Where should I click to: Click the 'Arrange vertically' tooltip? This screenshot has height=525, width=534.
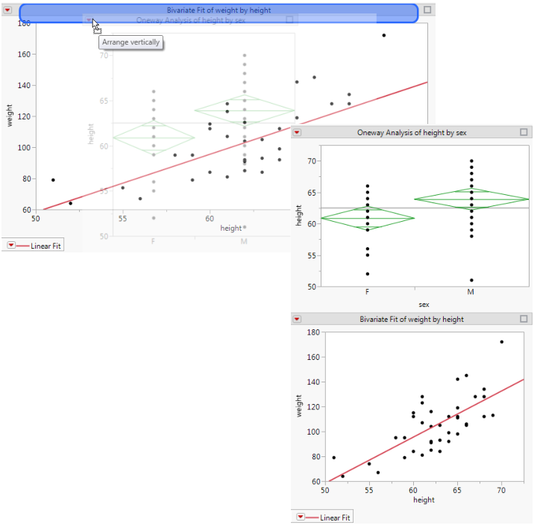coord(131,43)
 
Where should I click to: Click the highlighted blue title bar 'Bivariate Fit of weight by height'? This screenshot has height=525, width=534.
coord(218,10)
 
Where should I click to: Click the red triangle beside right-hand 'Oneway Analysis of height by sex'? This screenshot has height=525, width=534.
coord(297,132)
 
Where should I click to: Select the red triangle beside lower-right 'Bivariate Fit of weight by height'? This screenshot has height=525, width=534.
coord(297,319)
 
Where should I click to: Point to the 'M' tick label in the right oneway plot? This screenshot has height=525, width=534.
coord(471,293)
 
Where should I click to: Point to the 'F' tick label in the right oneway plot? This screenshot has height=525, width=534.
coord(368,293)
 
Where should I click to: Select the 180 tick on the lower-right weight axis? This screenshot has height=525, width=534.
coord(312,332)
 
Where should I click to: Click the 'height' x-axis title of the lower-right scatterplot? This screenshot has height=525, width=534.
coord(424,500)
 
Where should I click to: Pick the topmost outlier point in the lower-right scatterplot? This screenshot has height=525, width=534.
coord(501,342)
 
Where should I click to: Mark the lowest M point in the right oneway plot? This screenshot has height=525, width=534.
coord(471,280)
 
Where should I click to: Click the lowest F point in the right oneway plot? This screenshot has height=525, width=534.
coord(368,274)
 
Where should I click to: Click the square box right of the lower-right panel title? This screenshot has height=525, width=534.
coord(524,319)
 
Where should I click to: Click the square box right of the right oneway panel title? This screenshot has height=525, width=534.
coord(524,132)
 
